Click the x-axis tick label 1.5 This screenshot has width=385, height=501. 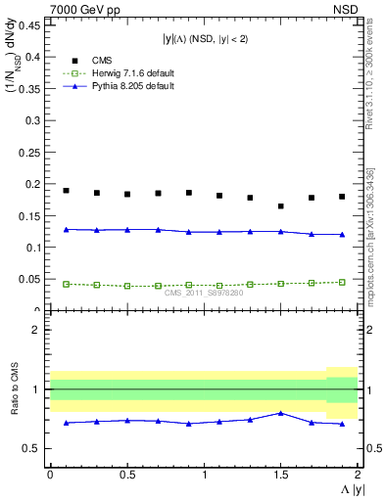coord(281,475)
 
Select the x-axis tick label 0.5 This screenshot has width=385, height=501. coord(126,475)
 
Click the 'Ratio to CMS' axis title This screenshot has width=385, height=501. coord(13,405)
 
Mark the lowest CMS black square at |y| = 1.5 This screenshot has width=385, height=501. coord(281,206)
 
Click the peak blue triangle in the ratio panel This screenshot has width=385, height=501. coord(281,413)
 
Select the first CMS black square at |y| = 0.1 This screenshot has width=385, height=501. coord(66,191)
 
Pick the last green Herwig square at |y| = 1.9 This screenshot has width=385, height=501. coord(342,282)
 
